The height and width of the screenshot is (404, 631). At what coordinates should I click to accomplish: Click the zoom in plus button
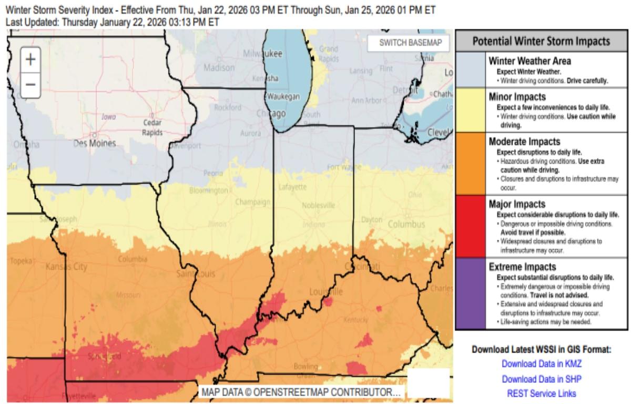point(30,59)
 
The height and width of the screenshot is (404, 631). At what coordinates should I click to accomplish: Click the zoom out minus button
point(30,84)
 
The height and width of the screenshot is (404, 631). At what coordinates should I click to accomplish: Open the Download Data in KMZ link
point(542,363)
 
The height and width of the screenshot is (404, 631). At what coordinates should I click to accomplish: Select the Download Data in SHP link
point(542,379)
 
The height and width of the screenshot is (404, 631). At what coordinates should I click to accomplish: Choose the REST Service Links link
point(542,393)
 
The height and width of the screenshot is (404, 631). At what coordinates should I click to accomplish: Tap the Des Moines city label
point(95,143)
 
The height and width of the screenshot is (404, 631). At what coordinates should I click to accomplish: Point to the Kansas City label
point(66,267)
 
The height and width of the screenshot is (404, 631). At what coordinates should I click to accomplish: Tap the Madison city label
point(219,68)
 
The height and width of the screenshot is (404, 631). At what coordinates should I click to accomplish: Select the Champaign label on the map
point(249,202)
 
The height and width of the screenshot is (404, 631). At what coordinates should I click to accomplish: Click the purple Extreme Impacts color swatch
point(471,294)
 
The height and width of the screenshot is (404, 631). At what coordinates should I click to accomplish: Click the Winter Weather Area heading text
point(530,61)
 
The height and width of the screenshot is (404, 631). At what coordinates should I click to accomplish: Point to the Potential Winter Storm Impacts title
point(541,42)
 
